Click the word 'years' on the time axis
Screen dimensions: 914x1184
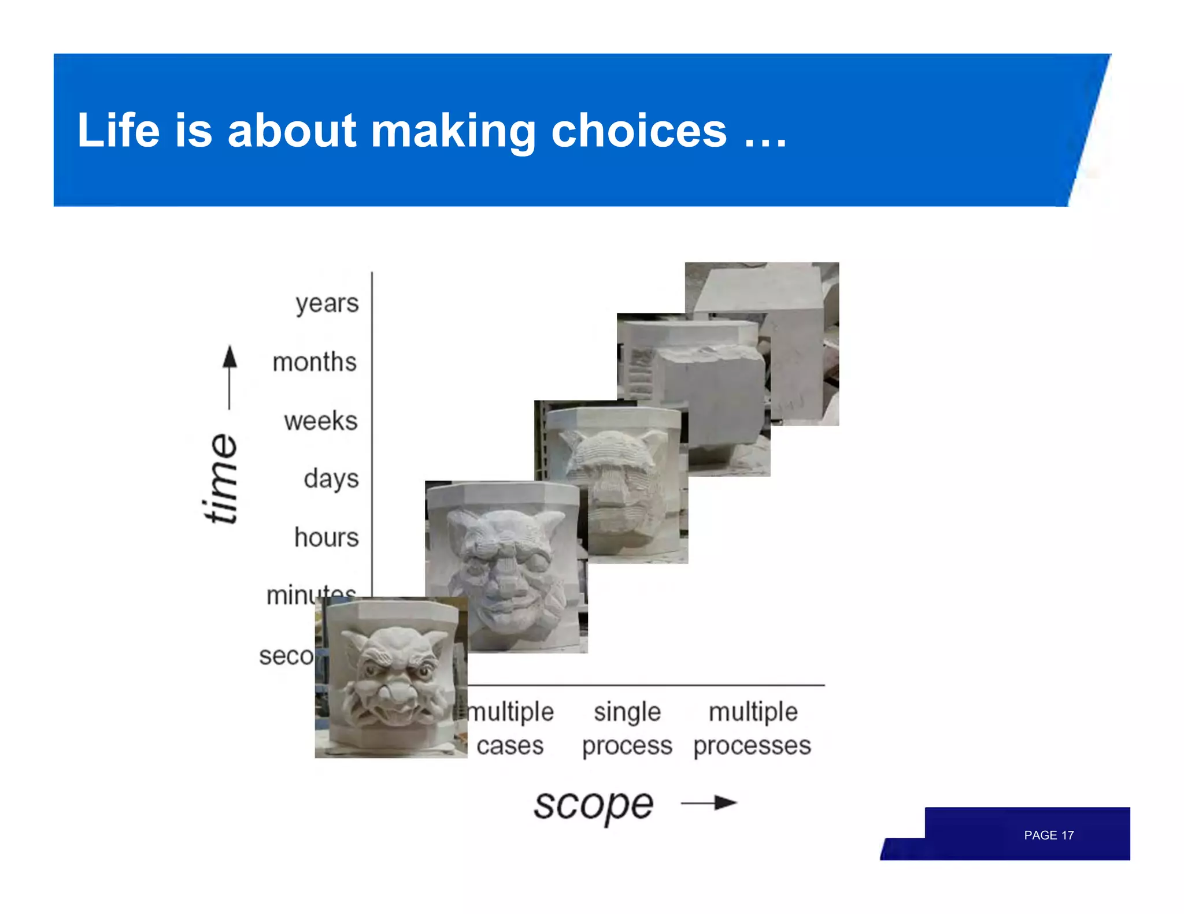[327, 303]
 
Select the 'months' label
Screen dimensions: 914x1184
[314, 362]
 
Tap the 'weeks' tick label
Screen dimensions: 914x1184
[320, 421]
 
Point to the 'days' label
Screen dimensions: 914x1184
[331, 479]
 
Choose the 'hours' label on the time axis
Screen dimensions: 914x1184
[326, 537]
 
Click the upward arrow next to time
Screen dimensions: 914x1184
[230, 376]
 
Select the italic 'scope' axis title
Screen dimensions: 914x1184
[593, 804]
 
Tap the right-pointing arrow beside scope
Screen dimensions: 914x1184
[709, 803]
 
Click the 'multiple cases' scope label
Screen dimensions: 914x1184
[510, 729]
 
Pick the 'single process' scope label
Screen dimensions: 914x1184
[627, 729]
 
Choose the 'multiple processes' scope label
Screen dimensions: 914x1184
[752, 729]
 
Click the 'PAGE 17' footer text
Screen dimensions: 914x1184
[1048, 835]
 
